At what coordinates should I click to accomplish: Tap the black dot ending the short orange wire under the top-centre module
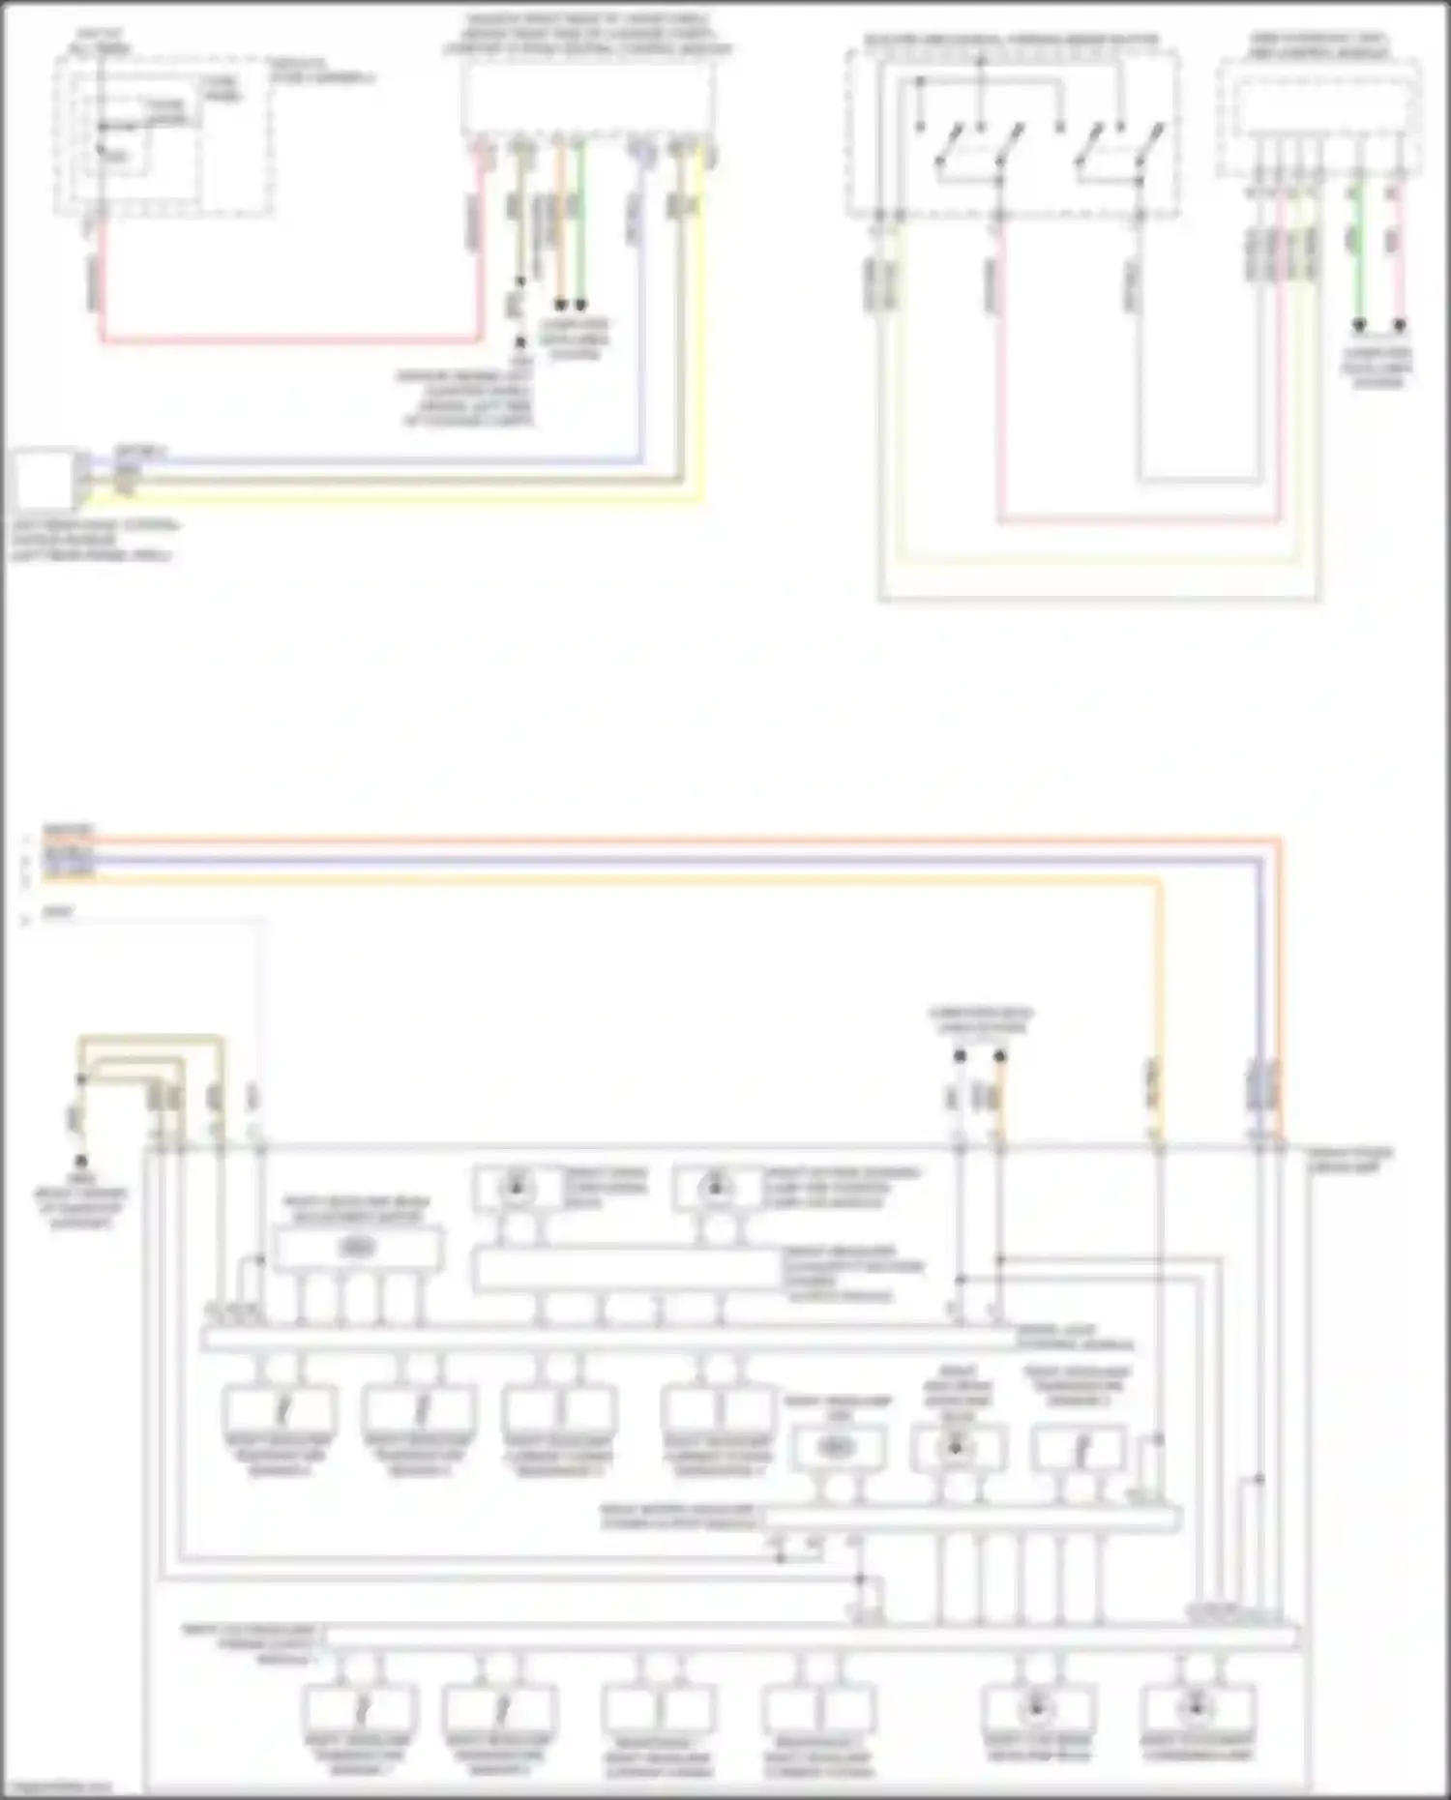[x=560, y=305]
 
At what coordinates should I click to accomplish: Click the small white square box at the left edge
[x=44, y=478]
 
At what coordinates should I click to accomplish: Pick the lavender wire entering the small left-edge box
[x=387, y=461]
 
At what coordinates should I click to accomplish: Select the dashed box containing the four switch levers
[x=1012, y=133]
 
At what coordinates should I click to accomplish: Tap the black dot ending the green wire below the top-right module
[x=1359, y=326]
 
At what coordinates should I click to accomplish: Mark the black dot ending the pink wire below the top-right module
[x=1399, y=326]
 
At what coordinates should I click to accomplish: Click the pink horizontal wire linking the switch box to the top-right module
[x=1141, y=520]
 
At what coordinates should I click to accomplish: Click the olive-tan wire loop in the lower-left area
[x=151, y=1040]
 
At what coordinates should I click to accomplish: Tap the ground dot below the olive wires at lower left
[x=80, y=1159]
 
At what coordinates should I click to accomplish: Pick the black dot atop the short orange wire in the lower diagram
[x=1000, y=1056]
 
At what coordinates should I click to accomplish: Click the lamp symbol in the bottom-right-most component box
[x=1196, y=1708]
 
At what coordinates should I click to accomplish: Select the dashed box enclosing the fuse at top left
[x=163, y=134]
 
